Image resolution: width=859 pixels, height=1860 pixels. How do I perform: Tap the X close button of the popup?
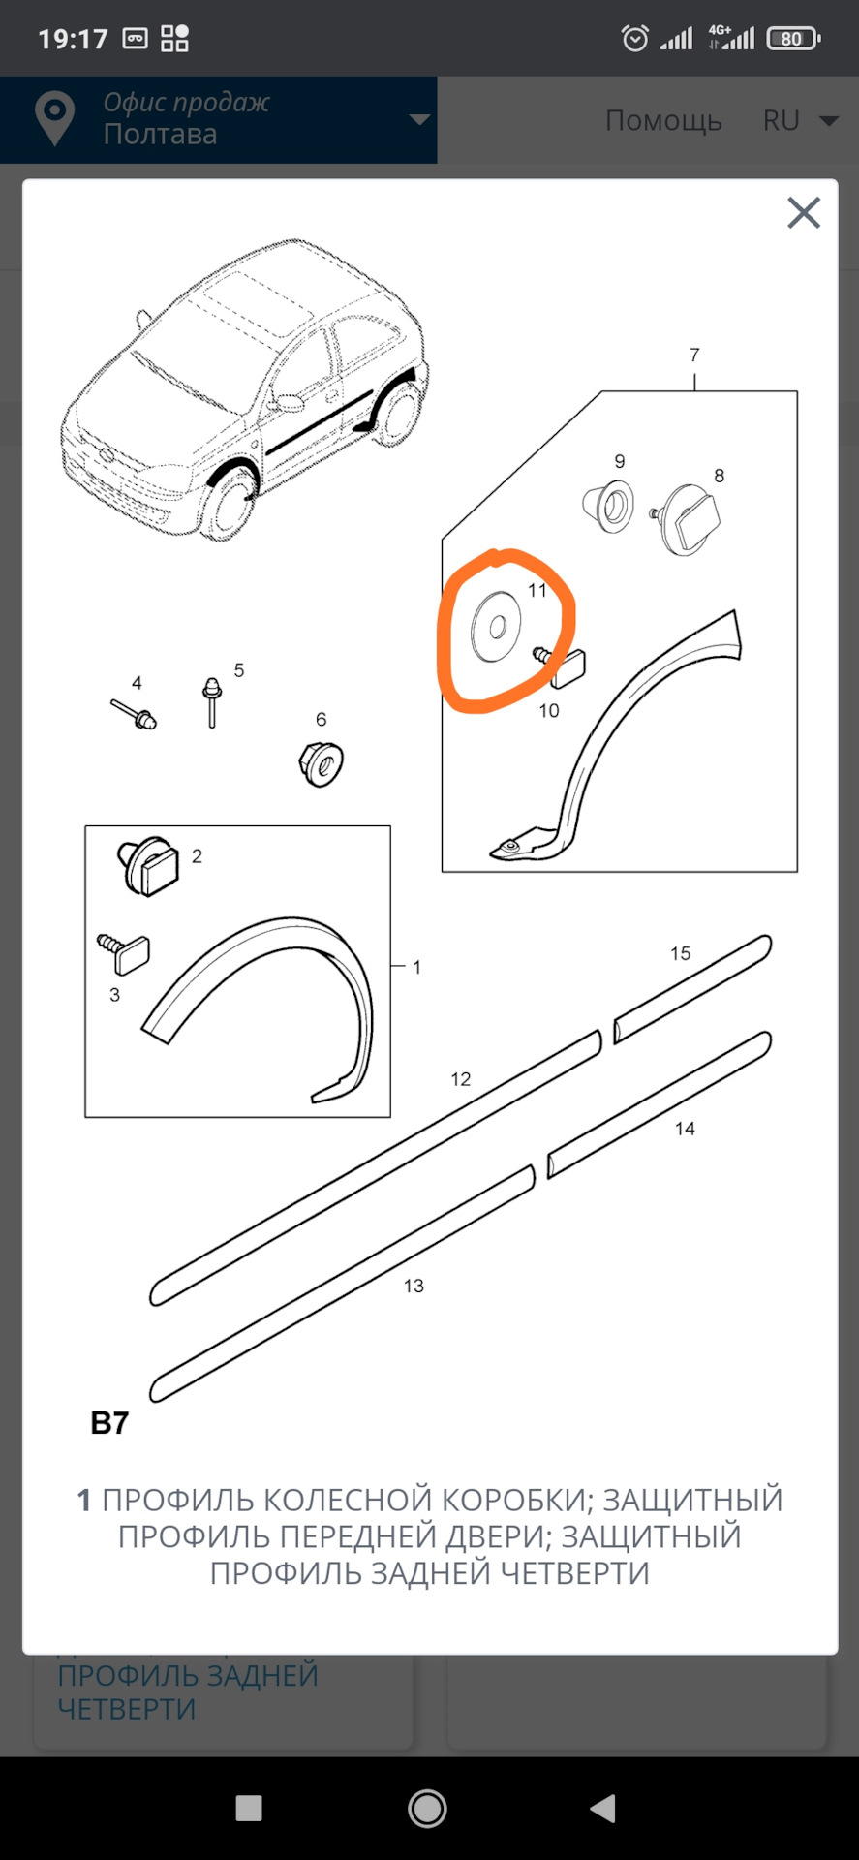coord(804,212)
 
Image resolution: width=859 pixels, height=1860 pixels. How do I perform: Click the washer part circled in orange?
coord(496,627)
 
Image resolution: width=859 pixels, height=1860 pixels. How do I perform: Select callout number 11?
coord(537,590)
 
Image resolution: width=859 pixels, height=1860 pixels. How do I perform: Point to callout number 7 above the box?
coord(694,355)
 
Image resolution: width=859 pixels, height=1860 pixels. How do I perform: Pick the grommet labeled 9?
coord(609,506)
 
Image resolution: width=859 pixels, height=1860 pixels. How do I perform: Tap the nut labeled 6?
coord(322,762)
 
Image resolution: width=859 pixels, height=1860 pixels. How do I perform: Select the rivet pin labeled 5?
coord(212,702)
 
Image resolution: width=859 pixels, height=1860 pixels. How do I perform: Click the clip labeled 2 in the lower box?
coord(149,865)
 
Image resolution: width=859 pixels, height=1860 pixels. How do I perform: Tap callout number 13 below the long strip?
coord(414,1286)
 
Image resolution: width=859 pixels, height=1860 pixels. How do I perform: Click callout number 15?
coord(680,953)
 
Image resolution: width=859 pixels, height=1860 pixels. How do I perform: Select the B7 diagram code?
coord(109,1423)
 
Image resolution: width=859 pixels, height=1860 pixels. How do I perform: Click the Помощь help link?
coord(663,120)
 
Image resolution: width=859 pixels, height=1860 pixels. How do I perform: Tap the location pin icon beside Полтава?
coord(55,118)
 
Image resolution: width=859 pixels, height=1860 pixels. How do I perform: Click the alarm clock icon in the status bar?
coord(635,38)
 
